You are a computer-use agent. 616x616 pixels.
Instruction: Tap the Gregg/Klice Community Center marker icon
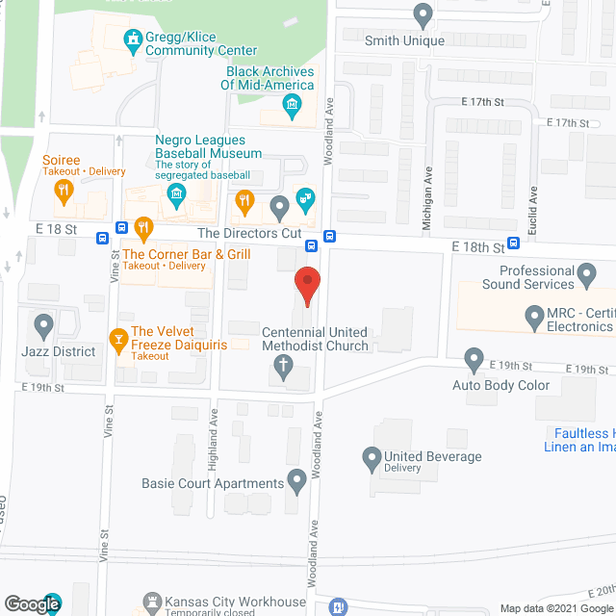(133, 38)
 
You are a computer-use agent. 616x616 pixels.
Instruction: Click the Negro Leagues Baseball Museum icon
(176, 198)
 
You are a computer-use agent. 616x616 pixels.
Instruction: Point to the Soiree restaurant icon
(64, 191)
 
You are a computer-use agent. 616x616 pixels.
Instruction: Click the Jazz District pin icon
(43, 324)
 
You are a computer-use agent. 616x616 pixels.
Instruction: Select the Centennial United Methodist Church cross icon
(283, 365)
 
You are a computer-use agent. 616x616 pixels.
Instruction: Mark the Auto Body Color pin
(473, 360)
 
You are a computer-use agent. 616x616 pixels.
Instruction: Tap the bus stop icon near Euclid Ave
(514, 243)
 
